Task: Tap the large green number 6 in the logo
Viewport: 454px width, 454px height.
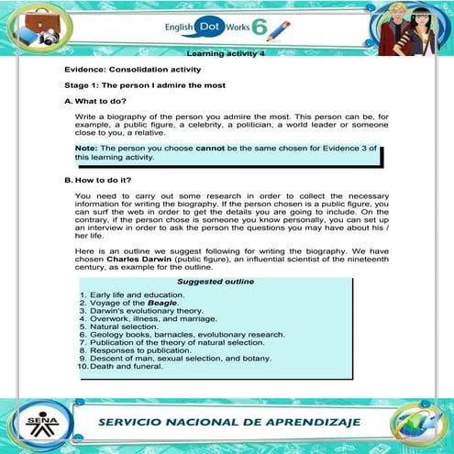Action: click(x=260, y=27)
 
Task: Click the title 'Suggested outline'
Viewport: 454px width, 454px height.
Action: click(x=216, y=282)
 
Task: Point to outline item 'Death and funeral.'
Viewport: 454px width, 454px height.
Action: click(x=127, y=367)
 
